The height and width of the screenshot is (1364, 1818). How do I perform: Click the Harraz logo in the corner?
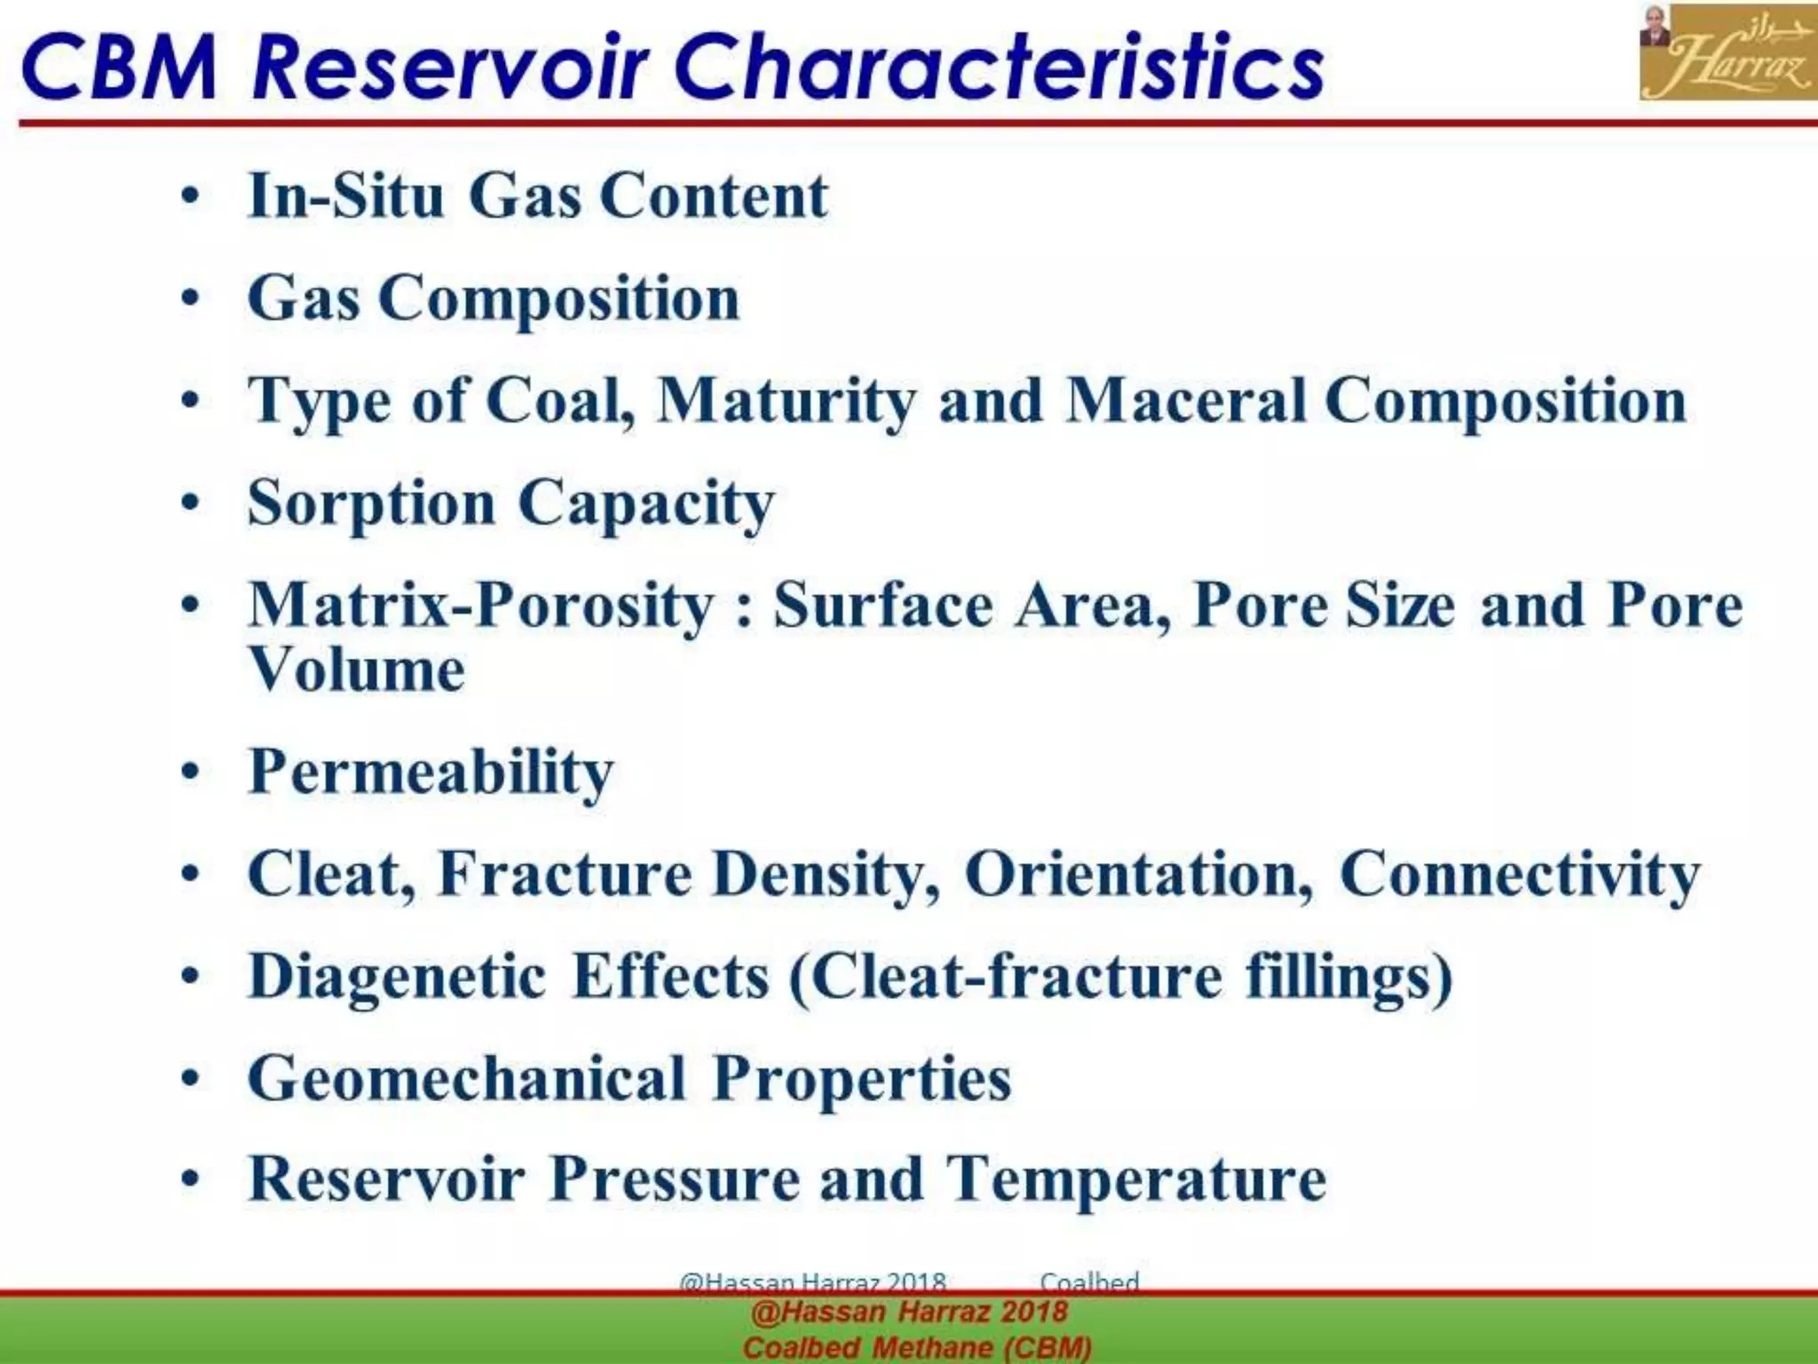tap(1727, 52)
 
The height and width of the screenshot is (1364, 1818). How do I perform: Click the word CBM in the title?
tap(119, 67)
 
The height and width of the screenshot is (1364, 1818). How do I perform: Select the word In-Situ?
tap(346, 195)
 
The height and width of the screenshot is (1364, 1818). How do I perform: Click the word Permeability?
tap(431, 772)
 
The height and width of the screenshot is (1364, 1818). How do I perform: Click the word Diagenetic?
tap(398, 977)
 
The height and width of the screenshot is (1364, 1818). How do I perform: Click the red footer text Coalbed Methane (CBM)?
tap(917, 1347)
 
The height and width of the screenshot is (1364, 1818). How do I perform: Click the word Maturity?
tap(786, 400)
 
